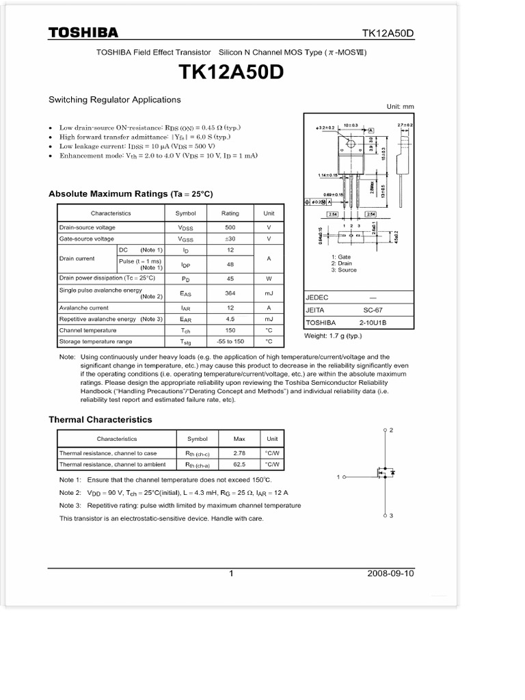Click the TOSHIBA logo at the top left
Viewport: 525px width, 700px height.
(83, 33)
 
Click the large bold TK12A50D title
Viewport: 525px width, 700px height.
(231, 72)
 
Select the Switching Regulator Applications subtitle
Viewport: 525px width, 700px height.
(114, 100)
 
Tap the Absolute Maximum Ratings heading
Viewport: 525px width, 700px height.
(131, 194)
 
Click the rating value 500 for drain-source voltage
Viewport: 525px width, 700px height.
(230, 227)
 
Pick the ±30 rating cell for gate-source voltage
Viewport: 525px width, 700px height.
(230, 239)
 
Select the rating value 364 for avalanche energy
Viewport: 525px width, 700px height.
(230, 293)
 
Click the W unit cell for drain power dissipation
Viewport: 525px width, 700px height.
(269, 278)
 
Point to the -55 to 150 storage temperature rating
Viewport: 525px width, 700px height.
(230, 341)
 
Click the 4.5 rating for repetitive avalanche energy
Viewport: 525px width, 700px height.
(230, 319)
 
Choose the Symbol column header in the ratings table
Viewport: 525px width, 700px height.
(185, 213)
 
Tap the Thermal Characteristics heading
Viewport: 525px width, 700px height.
(100, 420)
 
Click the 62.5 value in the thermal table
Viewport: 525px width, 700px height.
(239, 465)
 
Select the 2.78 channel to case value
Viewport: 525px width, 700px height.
(239, 453)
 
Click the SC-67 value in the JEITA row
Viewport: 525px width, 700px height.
(373, 310)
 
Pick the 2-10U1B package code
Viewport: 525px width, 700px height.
(373, 323)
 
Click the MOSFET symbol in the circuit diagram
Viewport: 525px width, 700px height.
(383, 472)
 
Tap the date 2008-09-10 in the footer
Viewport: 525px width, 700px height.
(390, 574)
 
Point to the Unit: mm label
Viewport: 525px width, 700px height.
(400, 107)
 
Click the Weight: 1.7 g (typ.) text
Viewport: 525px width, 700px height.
(333, 336)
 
